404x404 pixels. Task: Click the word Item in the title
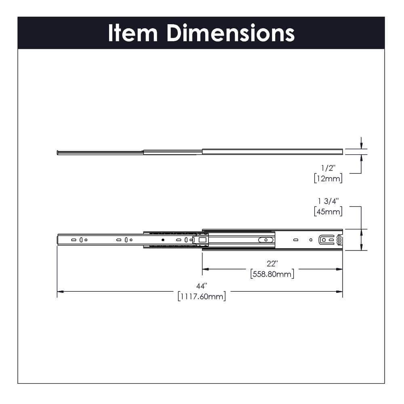[133, 33]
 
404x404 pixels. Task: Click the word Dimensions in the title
[231, 33]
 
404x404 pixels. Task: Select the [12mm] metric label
[328, 178]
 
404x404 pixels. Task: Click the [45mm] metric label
[328, 211]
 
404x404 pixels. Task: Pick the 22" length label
[272, 264]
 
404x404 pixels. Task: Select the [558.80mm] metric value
[272, 274]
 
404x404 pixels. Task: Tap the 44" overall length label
[201, 286]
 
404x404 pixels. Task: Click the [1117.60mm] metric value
[201, 296]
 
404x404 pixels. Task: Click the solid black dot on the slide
[163, 240]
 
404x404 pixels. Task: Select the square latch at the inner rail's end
[202, 240]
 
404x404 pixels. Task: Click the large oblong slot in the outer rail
[265, 240]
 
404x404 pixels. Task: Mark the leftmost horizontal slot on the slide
[74, 240]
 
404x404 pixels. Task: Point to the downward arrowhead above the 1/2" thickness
[361, 146]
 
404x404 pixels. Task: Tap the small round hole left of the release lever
[311, 240]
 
